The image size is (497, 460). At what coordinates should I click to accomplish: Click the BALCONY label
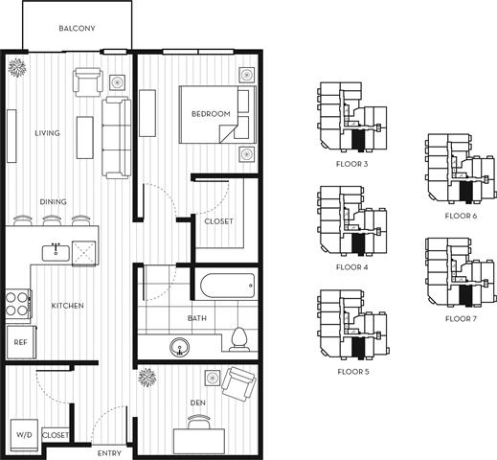(x=77, y=29)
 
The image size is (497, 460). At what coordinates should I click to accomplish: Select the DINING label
(x=53, y=202)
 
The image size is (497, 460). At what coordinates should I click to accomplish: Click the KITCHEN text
(x=68, y=306)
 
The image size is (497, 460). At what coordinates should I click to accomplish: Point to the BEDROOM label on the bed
(x=211, y=114)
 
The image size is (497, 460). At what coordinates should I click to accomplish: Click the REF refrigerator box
(x=19, y=340)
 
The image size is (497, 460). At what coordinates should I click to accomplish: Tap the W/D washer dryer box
(x=22, y=433)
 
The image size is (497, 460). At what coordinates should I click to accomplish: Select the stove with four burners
(x=19, y=304)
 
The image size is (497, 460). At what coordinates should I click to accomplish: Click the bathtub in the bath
(x=227, y=287)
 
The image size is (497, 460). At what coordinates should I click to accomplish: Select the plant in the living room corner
(x=17, y=67)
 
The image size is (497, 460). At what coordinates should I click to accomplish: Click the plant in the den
(x=147, y=377)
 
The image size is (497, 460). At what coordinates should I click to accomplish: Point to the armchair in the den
(x=237, y=386)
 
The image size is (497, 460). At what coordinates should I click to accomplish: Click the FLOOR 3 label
(x=352, y=164)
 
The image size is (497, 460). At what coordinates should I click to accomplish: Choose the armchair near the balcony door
(x=87, y=84)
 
